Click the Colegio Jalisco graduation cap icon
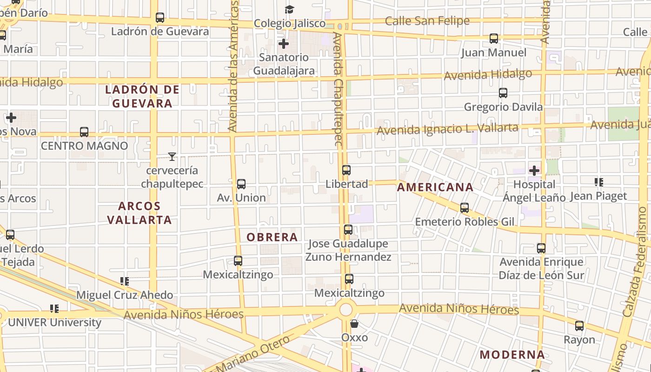pyautogui.click(x=289, y=9)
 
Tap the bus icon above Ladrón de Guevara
pyautogui.click(x=160, y=18)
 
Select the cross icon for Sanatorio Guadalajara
pyautogui.click(x=283, y=44)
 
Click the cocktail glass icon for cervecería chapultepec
pyautogui.click(x=172, y=157)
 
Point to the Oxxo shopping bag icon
pyautogui.click(x=354, y=324)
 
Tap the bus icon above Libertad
pyautogui.click(x=346, y=170)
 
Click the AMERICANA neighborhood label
pyautogui.click(x=435, y=187)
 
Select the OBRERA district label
pyautogui.click(x=272, y=237)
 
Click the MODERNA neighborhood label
pyautogui.click(x=512, y=355)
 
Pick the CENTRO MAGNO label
pyautogui.click(x=84, y=146)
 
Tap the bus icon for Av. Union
pyautogui.click(x=241, y=184)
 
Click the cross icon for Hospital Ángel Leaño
pyautogui.click(x=534, y=171)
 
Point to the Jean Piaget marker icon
pyautogui.click(x=598, y=182)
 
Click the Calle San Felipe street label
pyautogui.click(x=427, y=21)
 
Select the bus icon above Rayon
pyautogui.click(x=579, y=326)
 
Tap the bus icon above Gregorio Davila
pyautogui.click(x=503, y=93)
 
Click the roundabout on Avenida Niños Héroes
pyautogui.click(x=345, y=310)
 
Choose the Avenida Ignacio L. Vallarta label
pyautogui.click(x=447, y=129)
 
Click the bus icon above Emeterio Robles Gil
pyautogui.click(x=464, y=208)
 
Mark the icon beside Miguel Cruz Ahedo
pyautogui.click(x=124, y=281)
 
